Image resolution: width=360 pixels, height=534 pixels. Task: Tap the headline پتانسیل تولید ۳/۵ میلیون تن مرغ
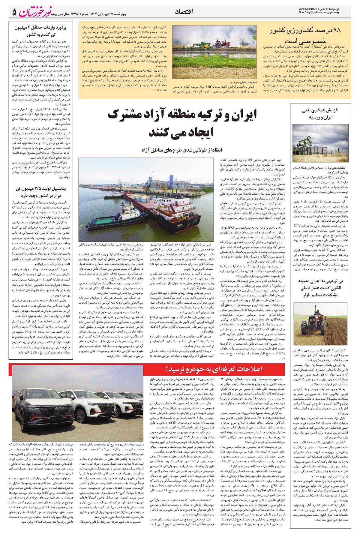pyautogui.click(x=41, y=193)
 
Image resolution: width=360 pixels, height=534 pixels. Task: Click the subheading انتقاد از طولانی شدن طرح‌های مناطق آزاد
pyautogui.click(x=183, y=149)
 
